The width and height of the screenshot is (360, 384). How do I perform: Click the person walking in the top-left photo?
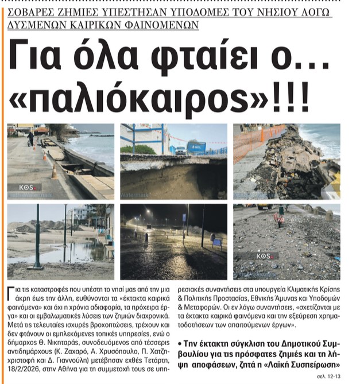click(31, 138)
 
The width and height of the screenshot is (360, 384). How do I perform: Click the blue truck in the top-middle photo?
click(196, 148)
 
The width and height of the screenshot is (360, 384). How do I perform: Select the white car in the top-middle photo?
click(180, 150)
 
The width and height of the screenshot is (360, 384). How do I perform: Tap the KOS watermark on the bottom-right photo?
click(266, 255)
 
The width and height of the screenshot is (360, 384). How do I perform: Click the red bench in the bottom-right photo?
click(280, 219)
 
